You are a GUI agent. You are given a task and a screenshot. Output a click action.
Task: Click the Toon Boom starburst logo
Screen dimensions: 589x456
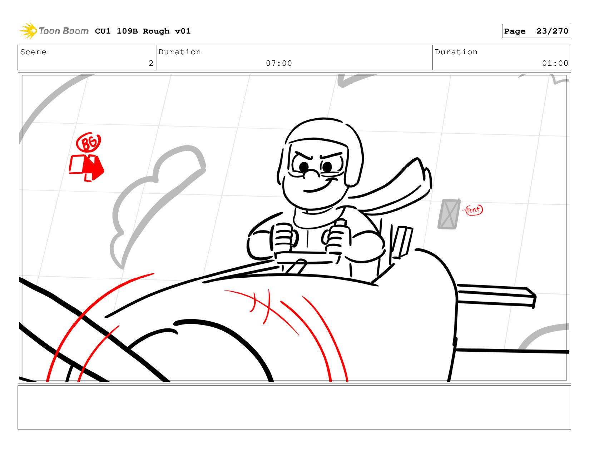[28, 31]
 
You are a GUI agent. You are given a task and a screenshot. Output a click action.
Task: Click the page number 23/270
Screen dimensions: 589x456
[552, 31]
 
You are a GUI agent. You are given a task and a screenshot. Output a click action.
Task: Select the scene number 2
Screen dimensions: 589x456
[151, 63]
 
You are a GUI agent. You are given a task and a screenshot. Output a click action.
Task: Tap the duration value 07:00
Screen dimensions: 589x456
[279, 63]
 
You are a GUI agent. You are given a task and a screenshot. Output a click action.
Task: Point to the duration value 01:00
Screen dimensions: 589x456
[555, 63]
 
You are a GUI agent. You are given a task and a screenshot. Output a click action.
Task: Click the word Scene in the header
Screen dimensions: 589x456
[33, 52]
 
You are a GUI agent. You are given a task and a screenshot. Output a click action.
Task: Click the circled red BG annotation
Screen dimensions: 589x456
[88, 142]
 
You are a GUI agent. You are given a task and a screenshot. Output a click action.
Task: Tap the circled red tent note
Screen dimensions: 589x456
[474, 210]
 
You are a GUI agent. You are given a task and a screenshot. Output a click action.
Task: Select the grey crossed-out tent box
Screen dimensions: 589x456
[449, 214]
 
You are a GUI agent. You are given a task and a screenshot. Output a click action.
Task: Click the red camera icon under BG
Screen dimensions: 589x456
[86, 168]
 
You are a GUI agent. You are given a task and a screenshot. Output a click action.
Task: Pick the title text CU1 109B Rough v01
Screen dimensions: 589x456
[143, 31]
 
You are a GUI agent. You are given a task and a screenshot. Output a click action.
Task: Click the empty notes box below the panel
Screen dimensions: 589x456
[294, 407]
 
